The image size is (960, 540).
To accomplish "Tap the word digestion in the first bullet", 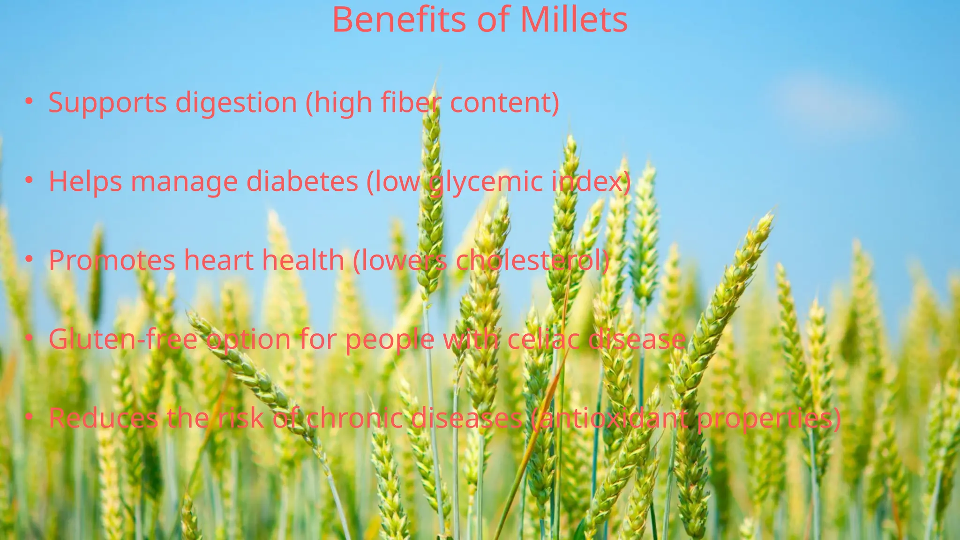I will coord(236,103).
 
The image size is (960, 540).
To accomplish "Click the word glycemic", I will coord(486,182).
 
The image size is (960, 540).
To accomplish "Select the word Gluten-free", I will coord(123,339).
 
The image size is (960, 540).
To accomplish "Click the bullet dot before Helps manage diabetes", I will coord(29,180).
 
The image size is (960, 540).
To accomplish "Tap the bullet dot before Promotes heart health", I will coord(29,259).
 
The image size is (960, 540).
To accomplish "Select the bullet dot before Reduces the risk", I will coord(29,417).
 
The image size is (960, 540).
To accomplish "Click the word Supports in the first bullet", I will coord(107,103).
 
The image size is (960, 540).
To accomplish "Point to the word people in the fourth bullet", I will coord(390,340).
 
